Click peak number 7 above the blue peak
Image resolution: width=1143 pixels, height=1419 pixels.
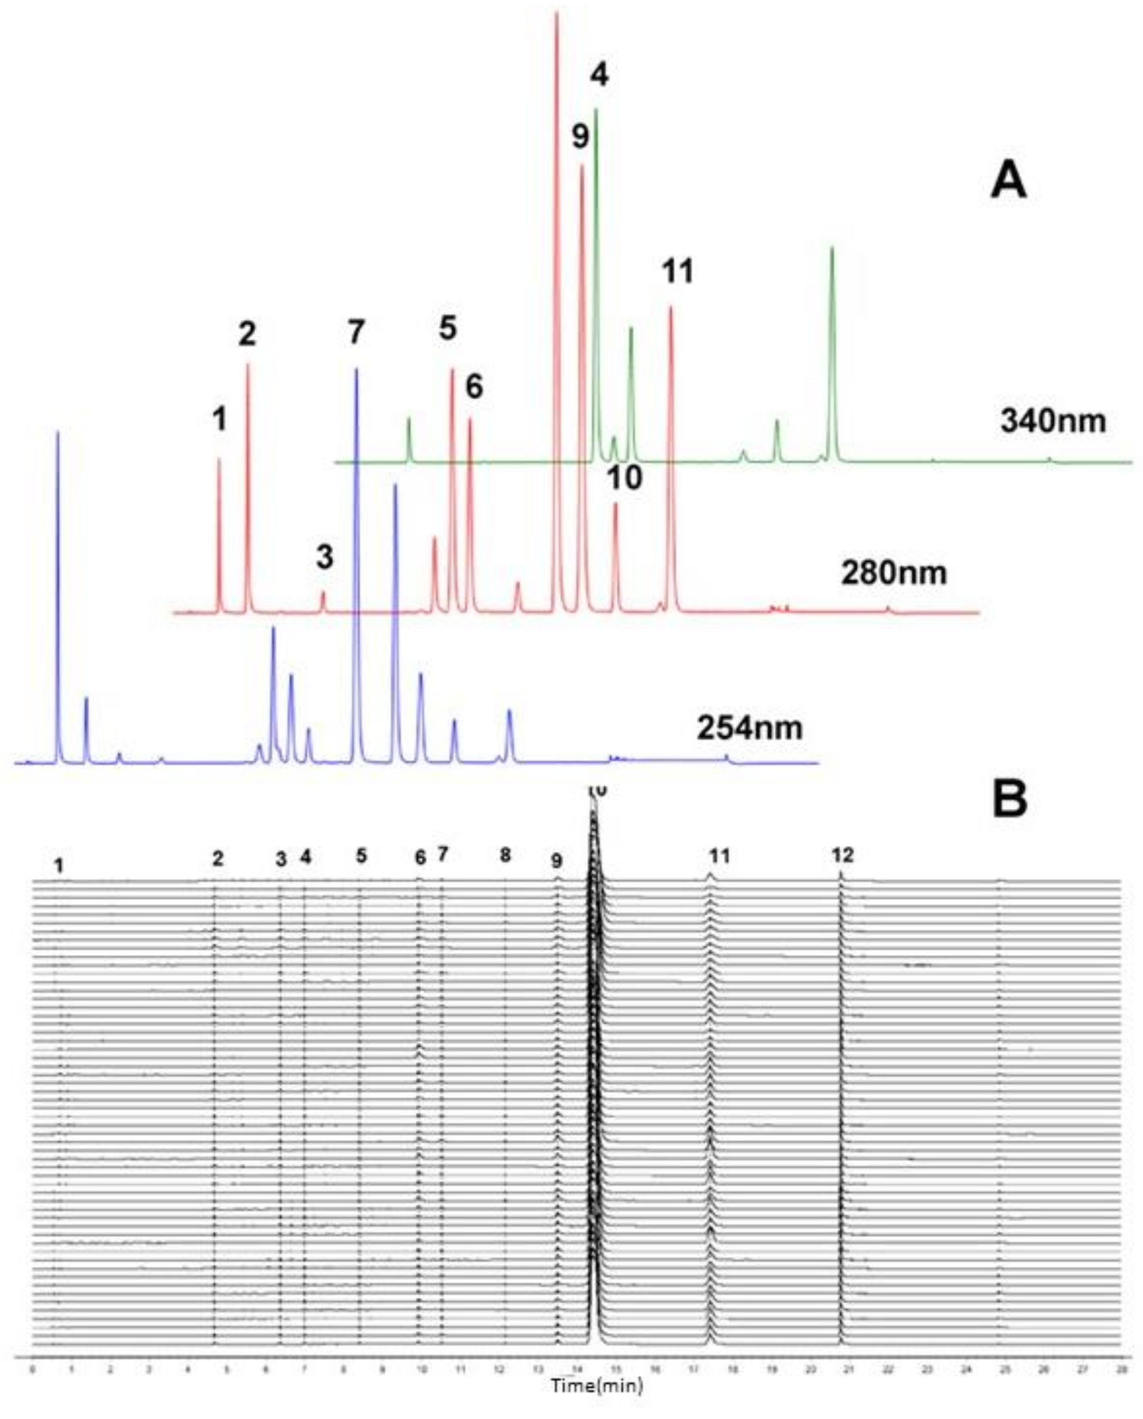tap(356, 331)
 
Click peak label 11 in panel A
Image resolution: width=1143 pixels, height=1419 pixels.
tap(678, 271)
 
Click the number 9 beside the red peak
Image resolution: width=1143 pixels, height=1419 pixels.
tap(580, 138)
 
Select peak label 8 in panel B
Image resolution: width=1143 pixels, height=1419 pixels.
tap(505, 855)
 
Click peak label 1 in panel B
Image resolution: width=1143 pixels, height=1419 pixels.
tap(59, 866)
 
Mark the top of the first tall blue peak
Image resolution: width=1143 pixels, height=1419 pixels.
tap(57, 432)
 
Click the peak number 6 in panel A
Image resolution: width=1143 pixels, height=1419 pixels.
tap(474, 387)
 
